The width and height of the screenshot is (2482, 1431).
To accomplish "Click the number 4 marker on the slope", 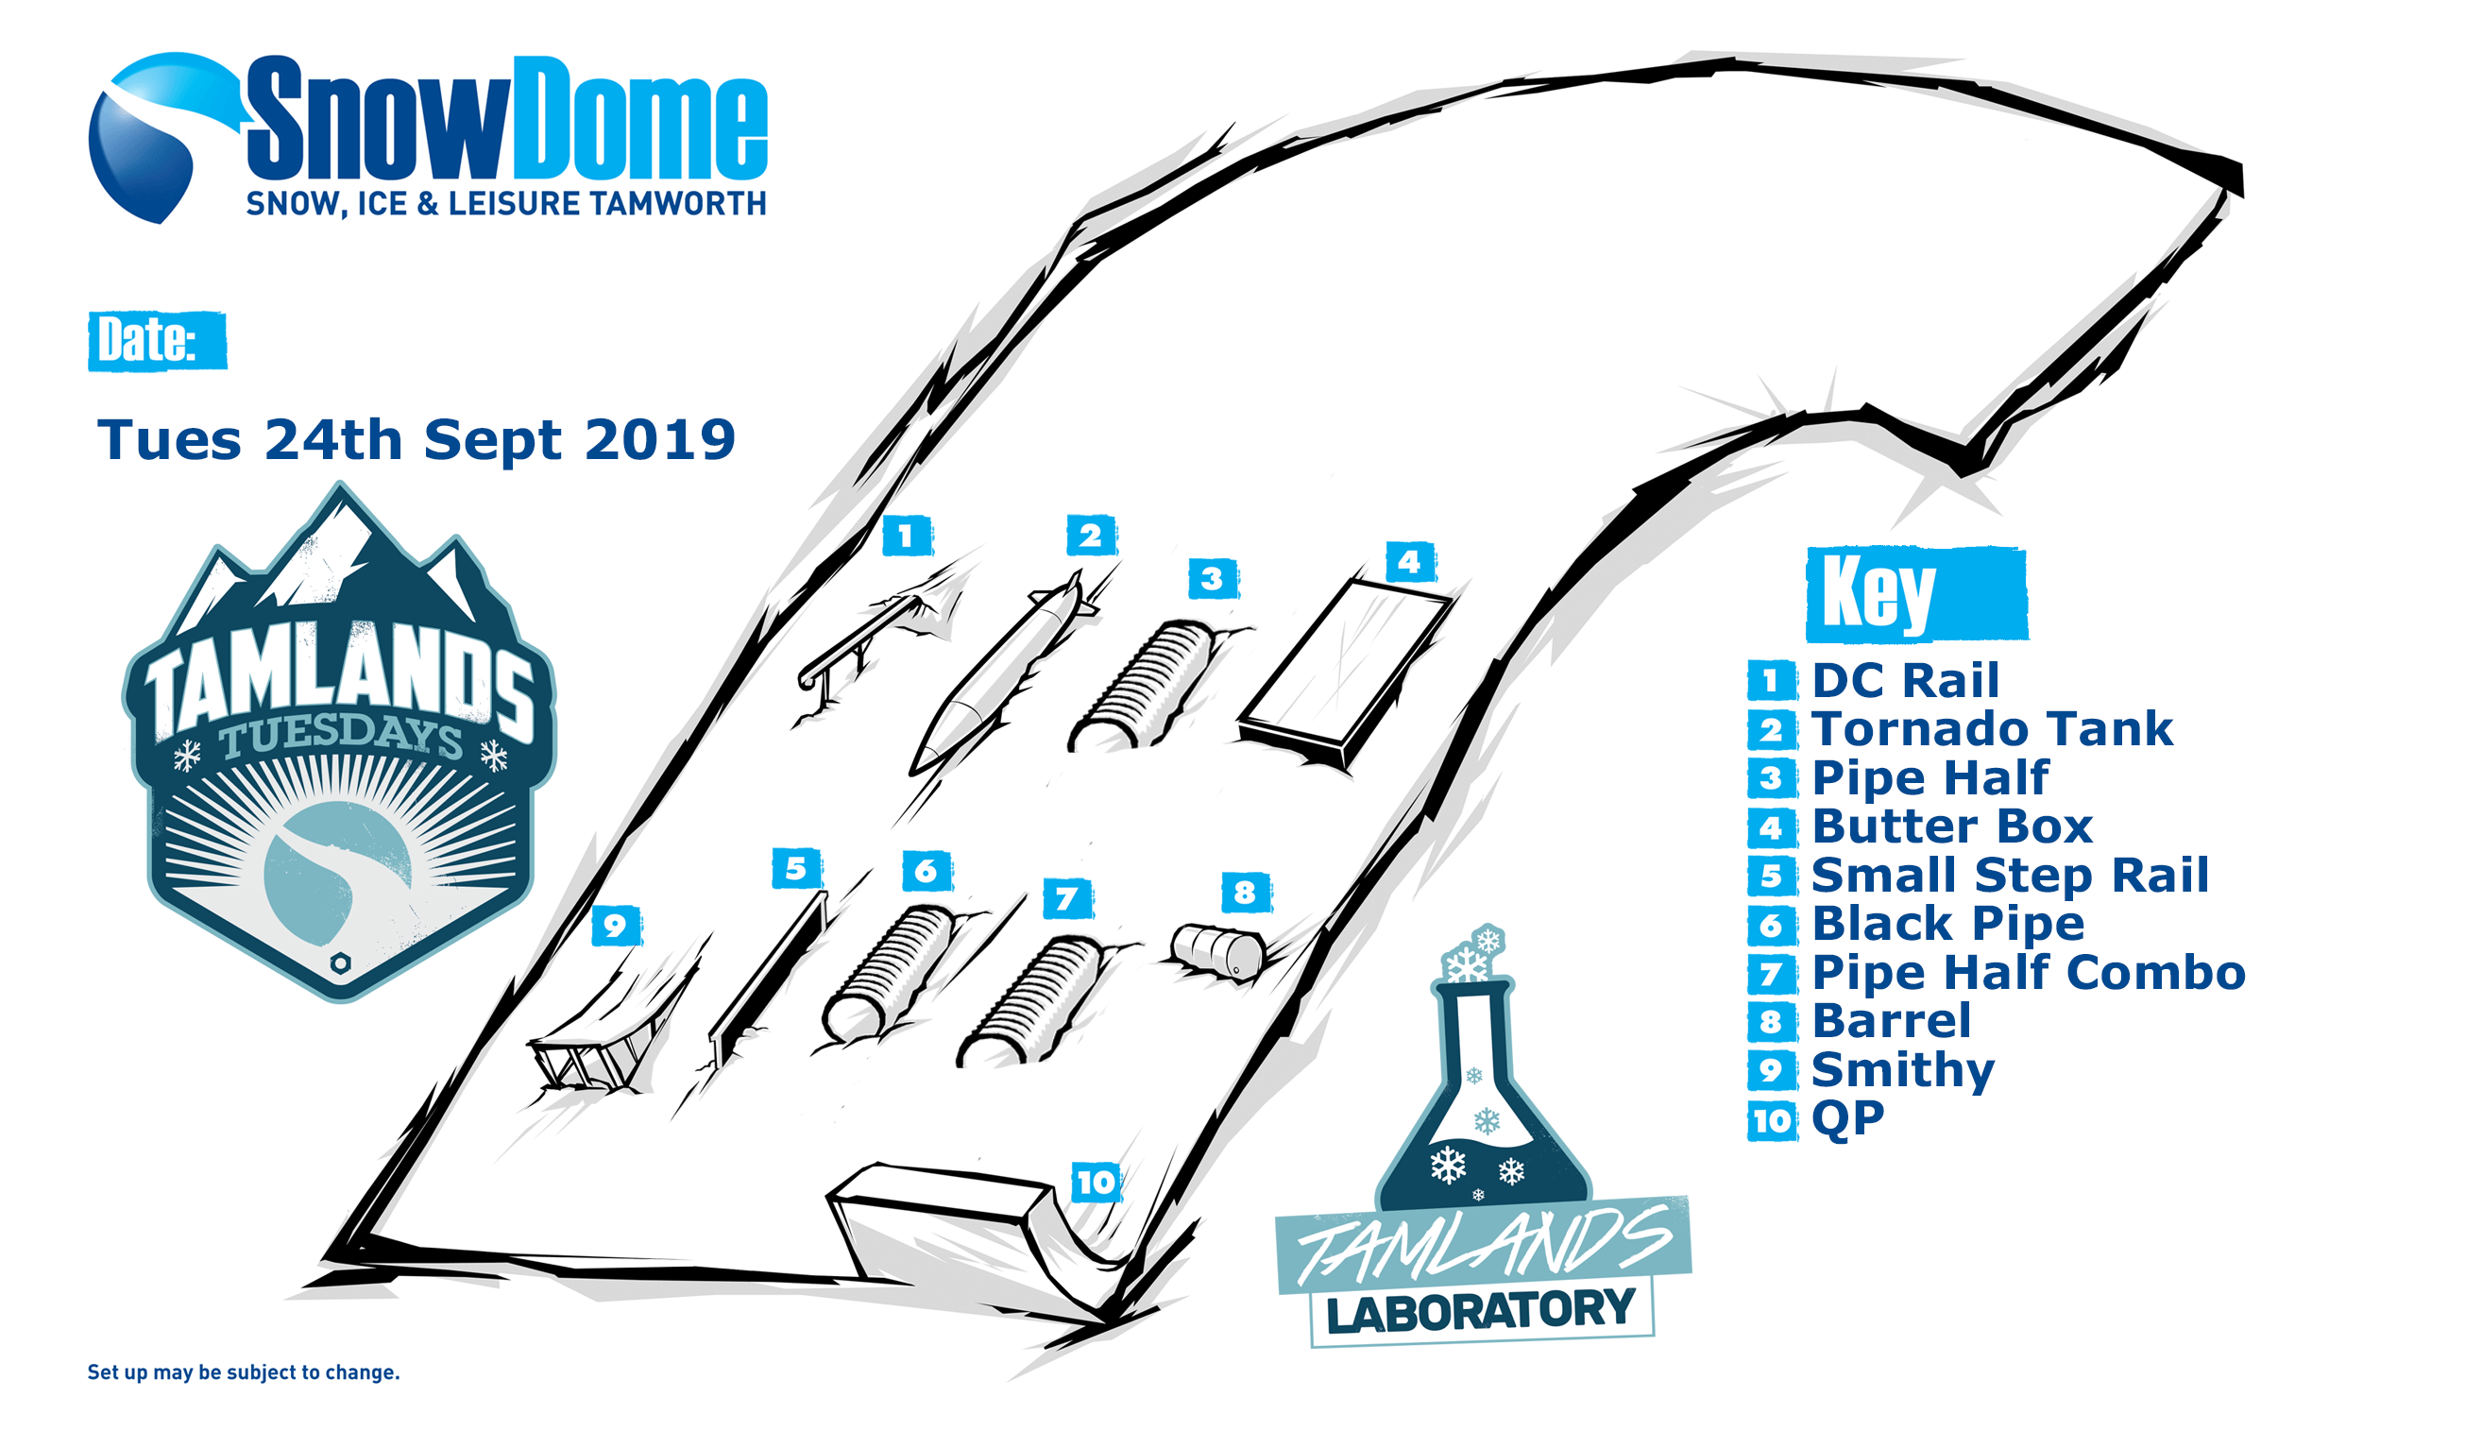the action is [1410, 562].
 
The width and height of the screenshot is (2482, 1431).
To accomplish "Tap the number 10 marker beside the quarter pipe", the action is [1096, 1182].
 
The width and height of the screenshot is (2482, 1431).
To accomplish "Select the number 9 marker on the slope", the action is [616, 925].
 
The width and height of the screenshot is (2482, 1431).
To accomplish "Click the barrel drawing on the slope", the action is [1218, 950].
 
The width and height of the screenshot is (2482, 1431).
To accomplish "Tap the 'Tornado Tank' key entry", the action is [1992, 729].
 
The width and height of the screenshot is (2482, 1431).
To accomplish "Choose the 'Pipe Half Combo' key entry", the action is [2028, 973].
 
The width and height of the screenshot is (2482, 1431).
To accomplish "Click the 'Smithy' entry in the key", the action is [1902, 1069].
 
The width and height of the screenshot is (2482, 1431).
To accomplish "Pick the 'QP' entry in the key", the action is [1847, 1118].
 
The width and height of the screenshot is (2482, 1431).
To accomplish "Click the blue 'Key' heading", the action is [1916, 593].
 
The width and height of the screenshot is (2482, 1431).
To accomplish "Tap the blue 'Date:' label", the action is [157, 341].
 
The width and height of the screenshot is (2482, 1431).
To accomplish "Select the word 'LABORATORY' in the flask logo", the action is [1481, 1311].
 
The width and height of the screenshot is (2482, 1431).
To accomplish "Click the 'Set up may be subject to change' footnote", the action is [244, 1372].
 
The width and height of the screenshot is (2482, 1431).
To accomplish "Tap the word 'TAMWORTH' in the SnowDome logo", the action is [678, 203].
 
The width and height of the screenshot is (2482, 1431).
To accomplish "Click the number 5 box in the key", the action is [1772, 876].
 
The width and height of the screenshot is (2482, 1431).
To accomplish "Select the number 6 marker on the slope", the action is [926, 870].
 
